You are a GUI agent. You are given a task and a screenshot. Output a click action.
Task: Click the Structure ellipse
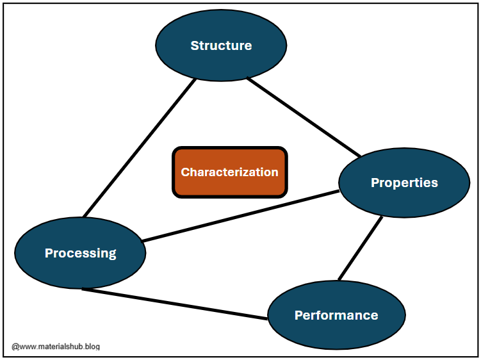tap(221, 45)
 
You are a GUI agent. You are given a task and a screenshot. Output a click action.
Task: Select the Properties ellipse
tap(404, 183)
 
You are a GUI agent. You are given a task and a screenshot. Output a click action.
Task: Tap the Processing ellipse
tap(80, 253)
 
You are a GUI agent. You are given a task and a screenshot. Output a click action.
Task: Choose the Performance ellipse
tap(336, 315)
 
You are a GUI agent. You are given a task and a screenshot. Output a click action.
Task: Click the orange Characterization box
tap(229, 172)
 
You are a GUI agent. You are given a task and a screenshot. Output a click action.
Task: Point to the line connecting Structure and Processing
tap(139, 147)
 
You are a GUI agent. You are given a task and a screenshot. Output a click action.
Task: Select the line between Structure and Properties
tap(304, 117)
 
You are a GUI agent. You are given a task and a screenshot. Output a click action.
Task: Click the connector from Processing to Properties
tap(240, 216)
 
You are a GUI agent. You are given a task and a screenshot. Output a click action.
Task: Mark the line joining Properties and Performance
tap(361, 249)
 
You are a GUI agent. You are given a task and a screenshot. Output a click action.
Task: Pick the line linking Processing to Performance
tap(174, 304)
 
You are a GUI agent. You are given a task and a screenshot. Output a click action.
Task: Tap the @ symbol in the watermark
tap(15, 347)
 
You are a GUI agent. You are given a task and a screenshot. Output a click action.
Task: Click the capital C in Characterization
tap(185, 172)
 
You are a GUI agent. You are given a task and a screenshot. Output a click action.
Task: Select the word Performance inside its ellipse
tap(336, 315)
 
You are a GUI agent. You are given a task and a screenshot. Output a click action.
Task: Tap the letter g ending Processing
tap(112, 254)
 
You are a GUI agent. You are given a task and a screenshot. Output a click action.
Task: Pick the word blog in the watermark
tap(93, 347)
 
